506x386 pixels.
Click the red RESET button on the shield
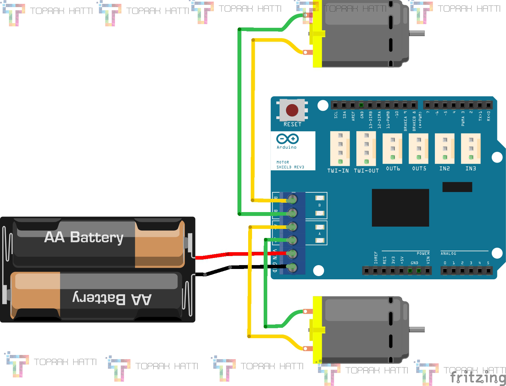click(x=292, y=110)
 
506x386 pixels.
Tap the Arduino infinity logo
click(x=287, y=139)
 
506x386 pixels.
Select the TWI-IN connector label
click(x=338, y=171)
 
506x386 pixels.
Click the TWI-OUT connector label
click(x=366, y=171)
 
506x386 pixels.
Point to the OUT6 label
click(x=393, y=168)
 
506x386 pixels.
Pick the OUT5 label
click(x=419, y=168)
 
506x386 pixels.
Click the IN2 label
click(x=445, y=168)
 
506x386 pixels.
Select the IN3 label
click(x=470, y=168)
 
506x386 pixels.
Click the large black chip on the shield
click(x=400, y=208)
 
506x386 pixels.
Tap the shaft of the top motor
click(x=417, y=33)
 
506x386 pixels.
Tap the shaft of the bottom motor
click(x=417, y=330)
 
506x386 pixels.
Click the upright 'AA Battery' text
click(x=84, y=237)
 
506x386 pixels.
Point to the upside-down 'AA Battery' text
click(x=112, y=298)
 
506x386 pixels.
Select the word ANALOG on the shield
click(x=448, y=253)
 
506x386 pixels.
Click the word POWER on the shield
click(x=423, y=253)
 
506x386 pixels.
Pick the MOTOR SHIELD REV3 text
click(x=290, y=165)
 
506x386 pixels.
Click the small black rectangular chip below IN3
click(x=457, y=187)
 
